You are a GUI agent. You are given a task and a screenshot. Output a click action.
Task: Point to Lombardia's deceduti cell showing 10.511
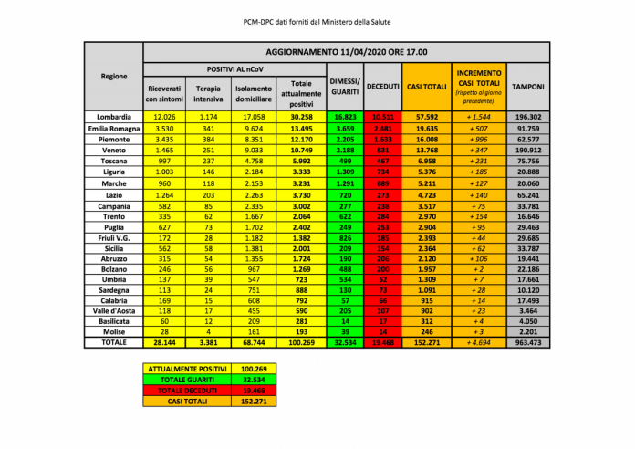point(382,117)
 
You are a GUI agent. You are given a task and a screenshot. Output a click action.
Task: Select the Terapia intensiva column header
point(209,92)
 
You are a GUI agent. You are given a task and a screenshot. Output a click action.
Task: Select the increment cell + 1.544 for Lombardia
point(480,117)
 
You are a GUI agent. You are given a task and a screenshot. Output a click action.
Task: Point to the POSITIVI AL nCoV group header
point(234,69)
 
